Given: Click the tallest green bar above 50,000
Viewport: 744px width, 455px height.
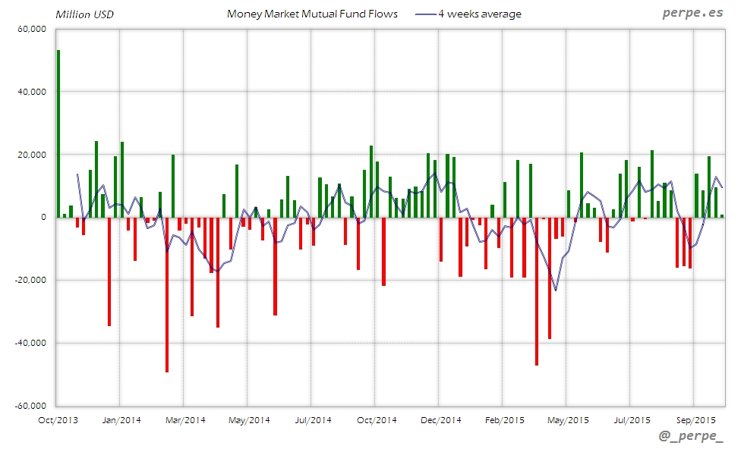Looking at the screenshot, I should [x=58, y=133].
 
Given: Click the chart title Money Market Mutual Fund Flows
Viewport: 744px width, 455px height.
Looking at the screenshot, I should [x=312, y=14].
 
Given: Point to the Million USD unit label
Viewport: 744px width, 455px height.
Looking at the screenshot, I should [x=84, y=14].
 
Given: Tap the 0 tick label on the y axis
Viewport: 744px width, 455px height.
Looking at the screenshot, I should [x=43, y=218].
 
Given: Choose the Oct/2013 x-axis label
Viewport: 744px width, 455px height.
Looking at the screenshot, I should [x=57, y=419].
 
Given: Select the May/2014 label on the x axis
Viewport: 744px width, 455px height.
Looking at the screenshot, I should [x=249, y=419].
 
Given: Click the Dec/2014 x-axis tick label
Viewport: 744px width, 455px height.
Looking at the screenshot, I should [x=440, y=419].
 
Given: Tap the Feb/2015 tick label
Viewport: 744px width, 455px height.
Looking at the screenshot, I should [x=504, y=419].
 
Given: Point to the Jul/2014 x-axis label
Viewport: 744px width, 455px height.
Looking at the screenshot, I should [x=313, y=419].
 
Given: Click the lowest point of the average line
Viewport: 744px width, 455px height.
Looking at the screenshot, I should [x=556, y=290].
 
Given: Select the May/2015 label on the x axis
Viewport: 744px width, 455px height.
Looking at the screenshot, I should [x=568, y=419].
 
